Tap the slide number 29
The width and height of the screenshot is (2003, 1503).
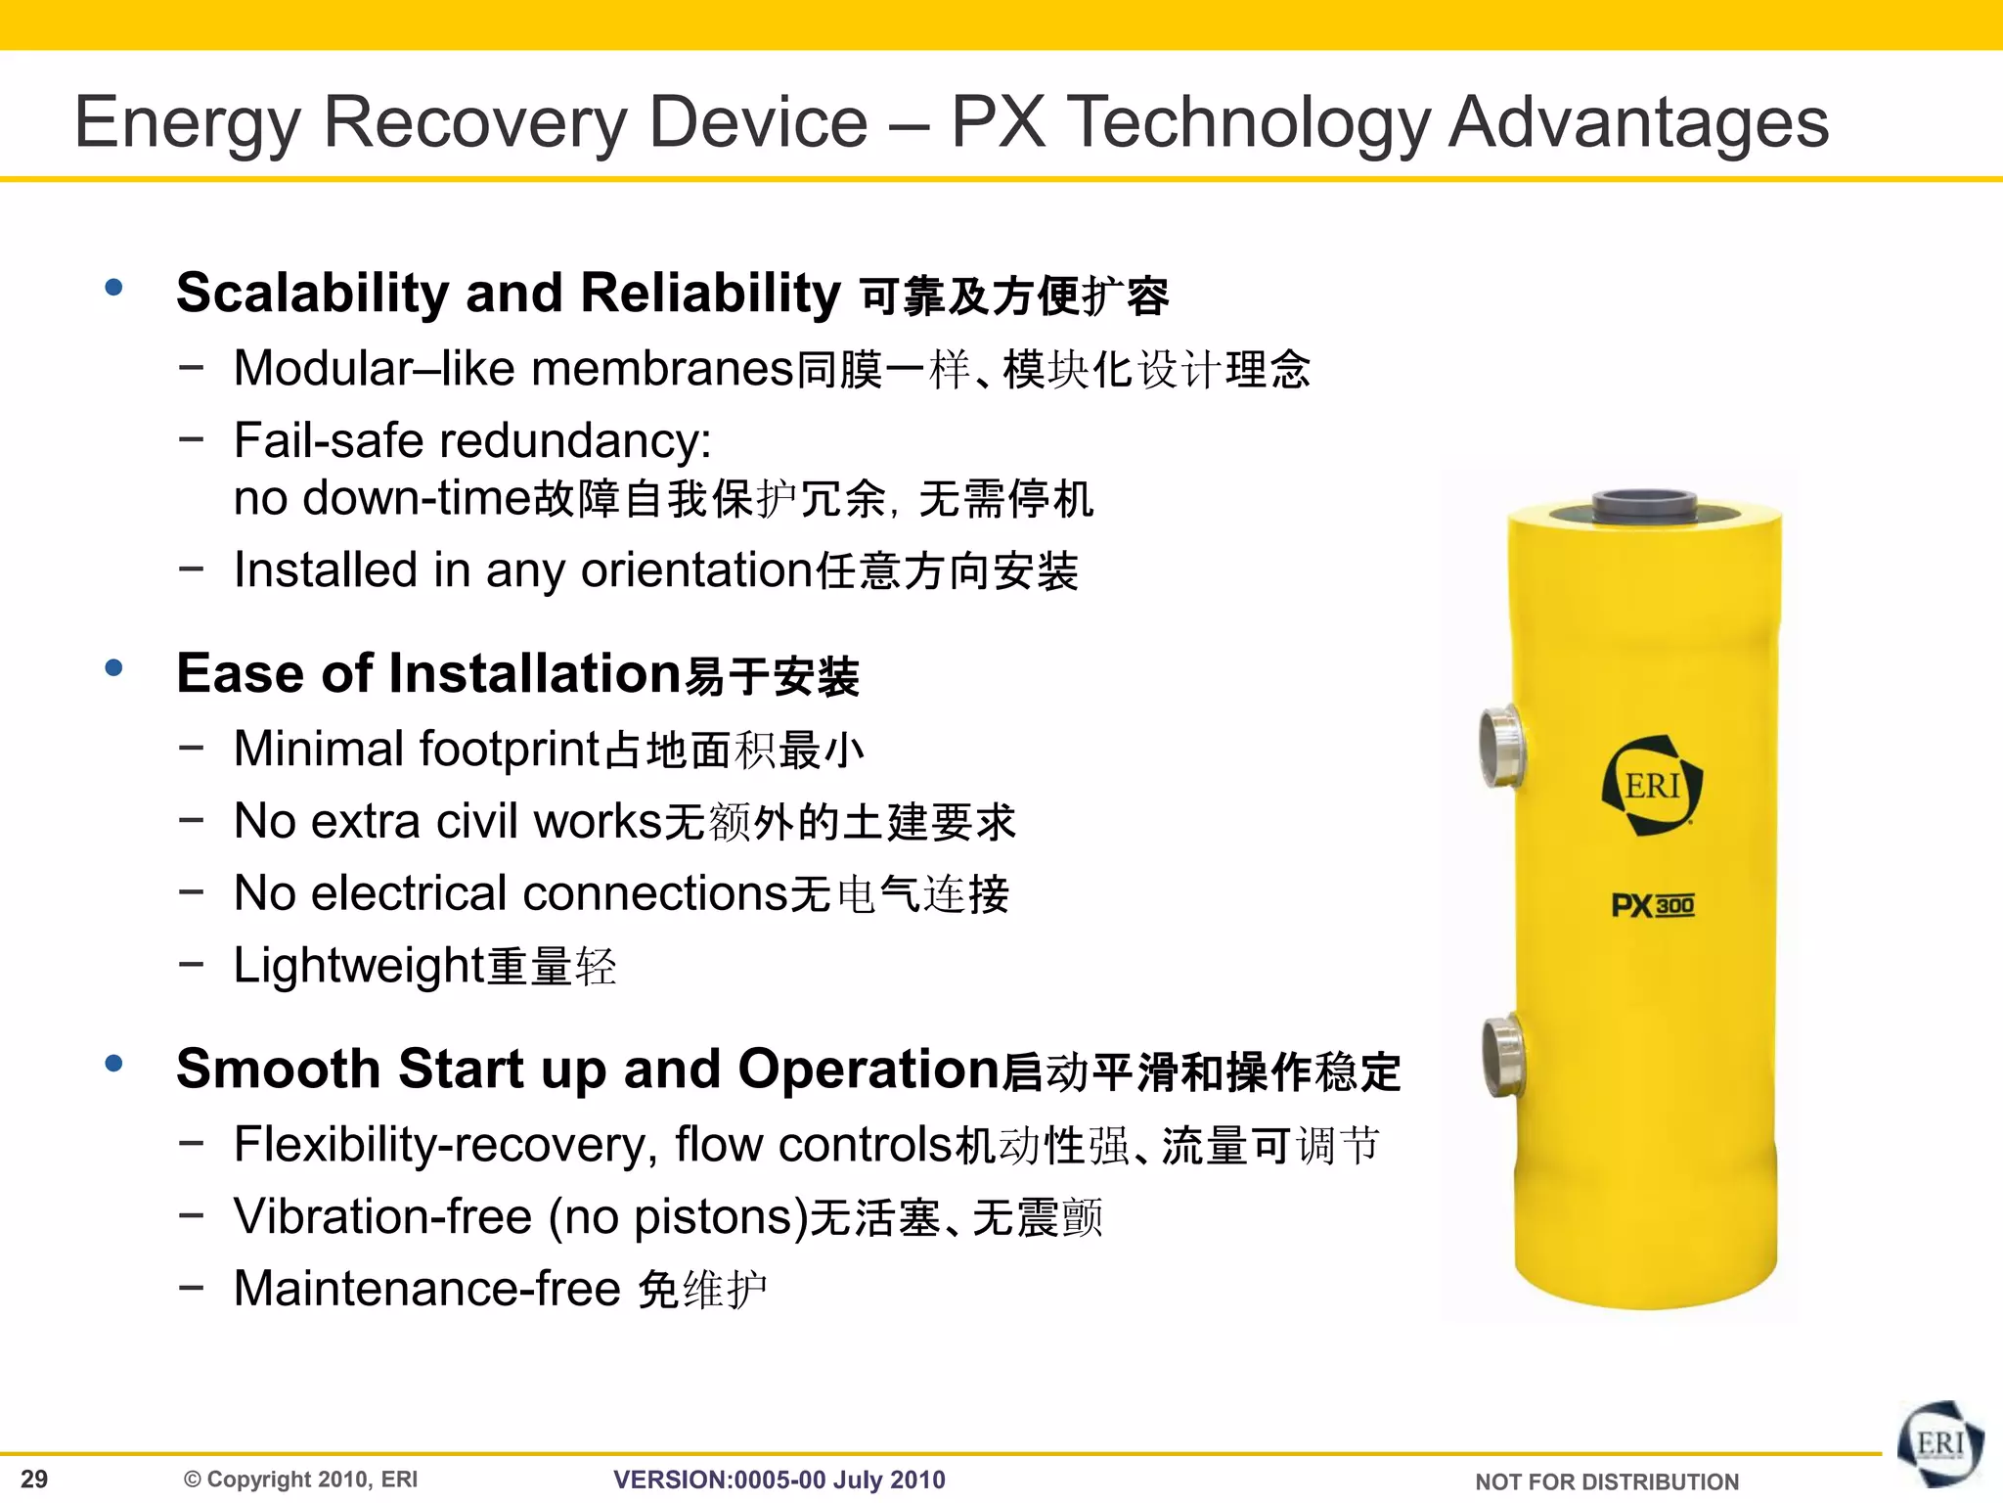pos(34,1479)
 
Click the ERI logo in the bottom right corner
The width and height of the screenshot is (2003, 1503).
pos(1939,1444)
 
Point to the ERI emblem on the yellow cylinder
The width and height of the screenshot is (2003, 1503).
pos(1652,786)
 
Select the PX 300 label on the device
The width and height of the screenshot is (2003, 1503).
pos(1652,905)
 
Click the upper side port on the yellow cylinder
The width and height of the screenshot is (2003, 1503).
pos(1499,745)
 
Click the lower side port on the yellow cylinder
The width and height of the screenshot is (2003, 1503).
pos(1501,1056)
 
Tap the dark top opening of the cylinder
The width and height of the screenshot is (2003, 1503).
pos(1643,506)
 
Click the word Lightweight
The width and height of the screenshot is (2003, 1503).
pos(359,966)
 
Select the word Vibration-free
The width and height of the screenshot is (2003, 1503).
pos(382,1217)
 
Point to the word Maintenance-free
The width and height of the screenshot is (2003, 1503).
pos(427,1289)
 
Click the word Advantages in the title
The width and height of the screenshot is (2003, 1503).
pos(1638,122)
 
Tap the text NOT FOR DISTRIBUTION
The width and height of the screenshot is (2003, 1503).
pos(1607,1481)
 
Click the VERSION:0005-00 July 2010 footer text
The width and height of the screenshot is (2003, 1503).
pos(779,1480)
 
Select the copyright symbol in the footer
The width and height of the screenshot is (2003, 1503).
pos(193,1480)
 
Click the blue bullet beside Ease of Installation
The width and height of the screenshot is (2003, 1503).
pos(114,668)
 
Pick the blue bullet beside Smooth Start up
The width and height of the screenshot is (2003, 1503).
pos(114,1064)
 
